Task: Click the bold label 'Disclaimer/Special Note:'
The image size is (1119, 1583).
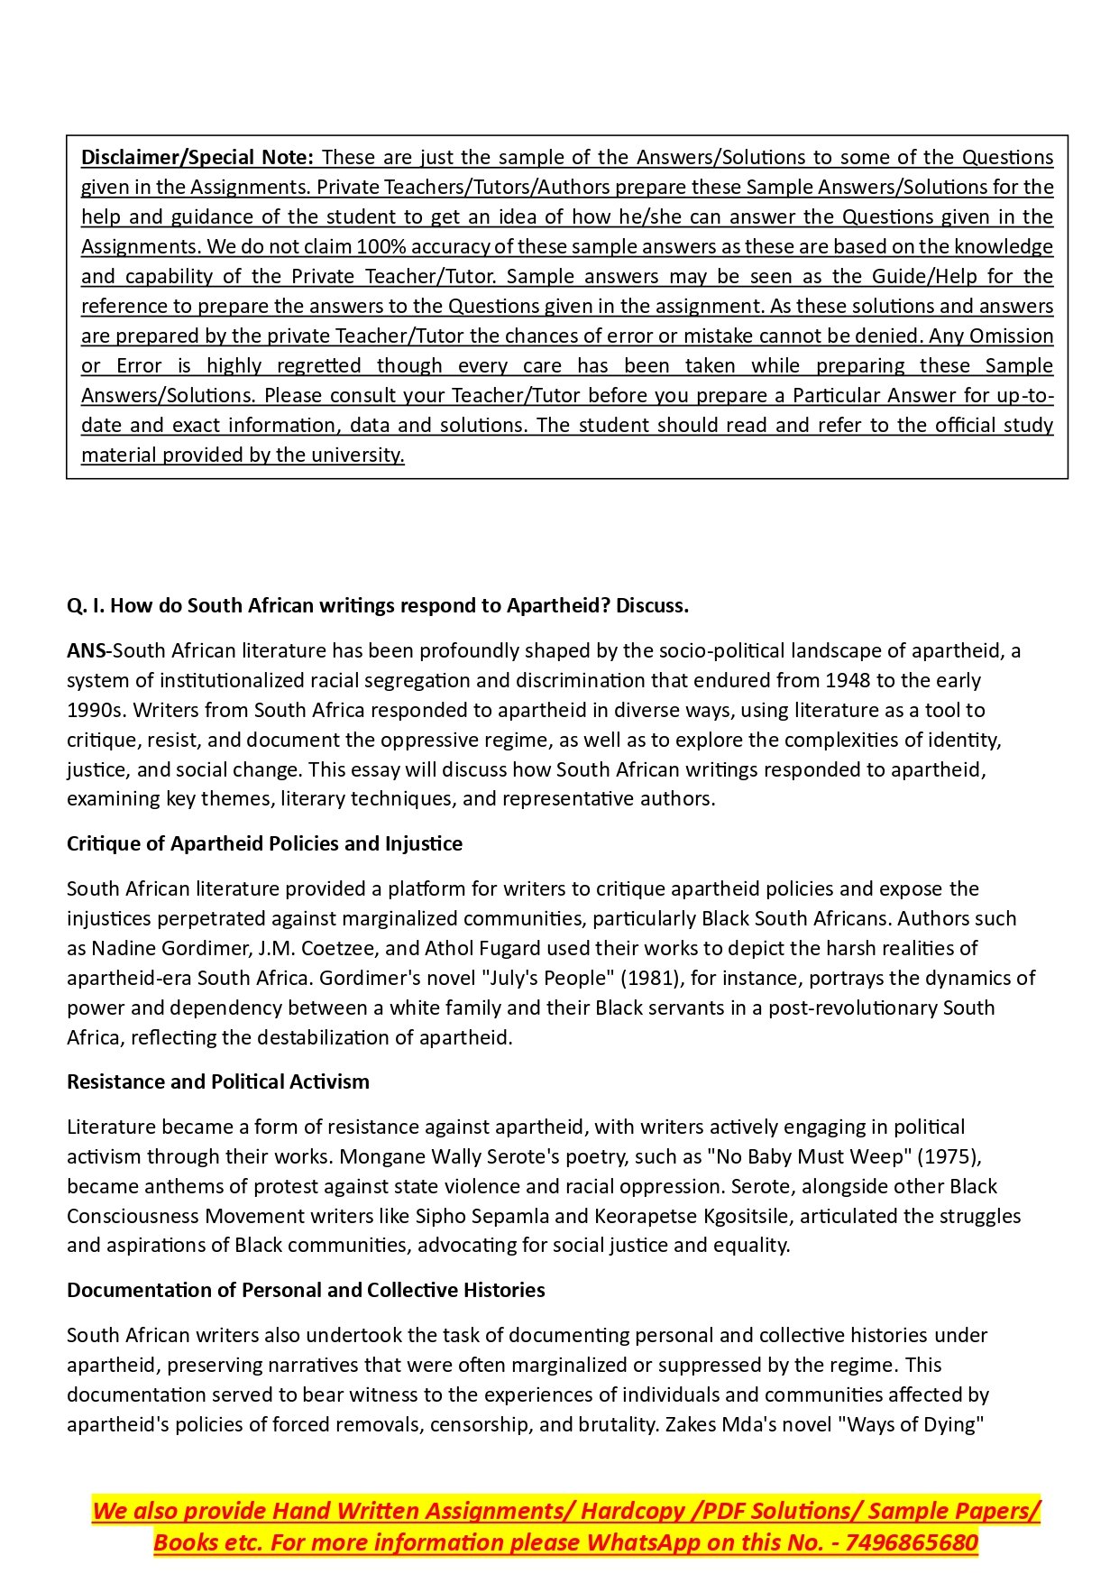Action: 197,157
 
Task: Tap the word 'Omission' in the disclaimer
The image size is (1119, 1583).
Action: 1011,336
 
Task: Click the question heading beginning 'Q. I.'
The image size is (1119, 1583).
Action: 378,605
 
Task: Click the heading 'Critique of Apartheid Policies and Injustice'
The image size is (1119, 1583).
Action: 264,843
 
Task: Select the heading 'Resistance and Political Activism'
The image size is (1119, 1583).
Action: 218,1081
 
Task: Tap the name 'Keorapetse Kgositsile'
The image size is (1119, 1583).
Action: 692,1216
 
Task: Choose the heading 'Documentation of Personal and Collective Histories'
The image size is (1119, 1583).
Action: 306,1290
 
